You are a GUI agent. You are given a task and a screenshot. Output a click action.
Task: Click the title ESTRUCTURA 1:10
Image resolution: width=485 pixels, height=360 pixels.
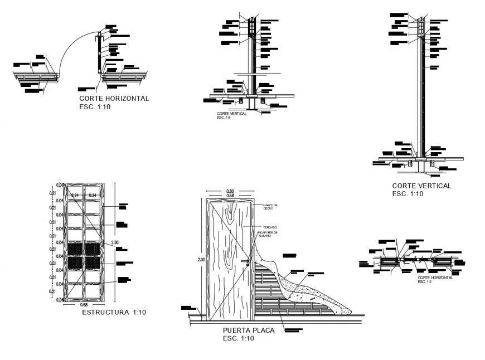(x=114, y=313)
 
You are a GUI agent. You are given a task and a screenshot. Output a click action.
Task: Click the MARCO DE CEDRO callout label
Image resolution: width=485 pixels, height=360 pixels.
(x=270, y=207)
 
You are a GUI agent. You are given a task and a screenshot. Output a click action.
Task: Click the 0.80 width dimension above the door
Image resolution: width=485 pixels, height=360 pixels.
(x=230, y=191)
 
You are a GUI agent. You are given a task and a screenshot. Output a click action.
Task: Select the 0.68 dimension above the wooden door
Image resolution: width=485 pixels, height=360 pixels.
(x=230, y=196)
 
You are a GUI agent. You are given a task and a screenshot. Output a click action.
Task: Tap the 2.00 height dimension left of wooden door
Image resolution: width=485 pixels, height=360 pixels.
(x=201, y=260)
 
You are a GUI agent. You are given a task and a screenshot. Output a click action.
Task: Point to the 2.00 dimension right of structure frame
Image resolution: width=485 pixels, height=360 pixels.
(x=115, y=242)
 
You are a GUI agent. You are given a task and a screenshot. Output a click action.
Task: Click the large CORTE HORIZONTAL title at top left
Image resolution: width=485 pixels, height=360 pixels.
(x=114, y=98)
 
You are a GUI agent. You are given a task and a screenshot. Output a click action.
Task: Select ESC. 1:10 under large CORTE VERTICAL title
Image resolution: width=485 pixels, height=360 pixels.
(x=408, y=194)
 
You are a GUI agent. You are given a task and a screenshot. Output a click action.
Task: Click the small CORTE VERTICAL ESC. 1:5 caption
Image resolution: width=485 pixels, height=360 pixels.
(x=231, y=115)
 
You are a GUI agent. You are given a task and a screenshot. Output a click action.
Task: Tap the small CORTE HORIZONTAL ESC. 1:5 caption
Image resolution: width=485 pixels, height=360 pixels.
(x=435, y=279)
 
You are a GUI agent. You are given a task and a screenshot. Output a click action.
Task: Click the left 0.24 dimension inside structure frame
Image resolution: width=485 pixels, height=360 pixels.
(x=75, y=194)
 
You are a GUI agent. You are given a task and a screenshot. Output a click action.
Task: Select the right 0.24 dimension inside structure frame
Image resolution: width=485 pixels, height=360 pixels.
(x=93, y=194)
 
